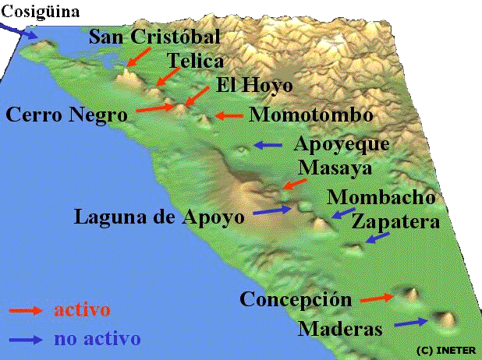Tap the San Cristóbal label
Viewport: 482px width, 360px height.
tap(154, 37)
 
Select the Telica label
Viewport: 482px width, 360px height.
tap(196, 61)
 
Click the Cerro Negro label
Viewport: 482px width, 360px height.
tap(66, 115)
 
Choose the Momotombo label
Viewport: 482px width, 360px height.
tap(310, 115)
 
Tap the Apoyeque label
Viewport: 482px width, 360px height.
tap(341, 145)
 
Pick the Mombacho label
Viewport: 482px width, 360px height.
tap(381, 196)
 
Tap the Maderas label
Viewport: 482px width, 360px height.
tap(341, 329)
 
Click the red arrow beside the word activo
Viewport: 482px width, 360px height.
tap(27, 310)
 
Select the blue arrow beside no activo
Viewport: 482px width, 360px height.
tap(27, 339)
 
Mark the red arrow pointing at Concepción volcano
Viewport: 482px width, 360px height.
tap(377, 298)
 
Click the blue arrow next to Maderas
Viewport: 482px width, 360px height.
tap(411, 323)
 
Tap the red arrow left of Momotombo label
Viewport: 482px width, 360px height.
tap(229, 116)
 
